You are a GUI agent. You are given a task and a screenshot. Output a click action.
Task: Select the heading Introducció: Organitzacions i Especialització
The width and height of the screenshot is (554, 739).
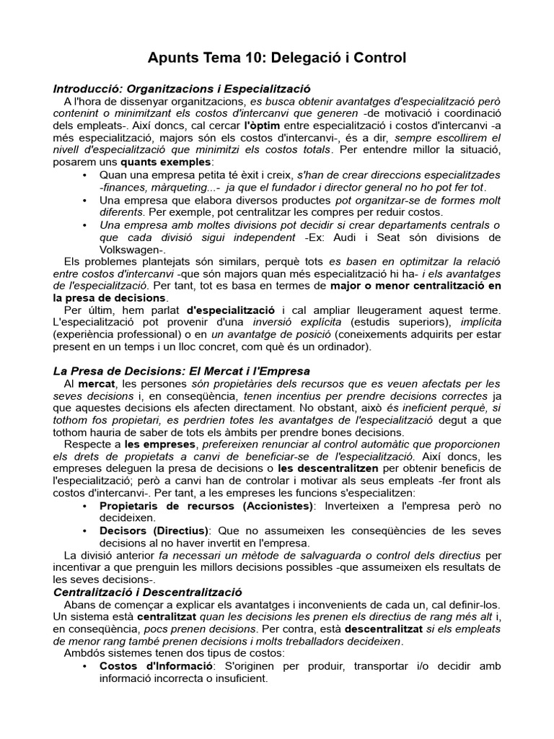[x=182, y=88]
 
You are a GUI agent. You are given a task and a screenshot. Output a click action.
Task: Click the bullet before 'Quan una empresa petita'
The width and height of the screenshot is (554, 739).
[x=86, y=175]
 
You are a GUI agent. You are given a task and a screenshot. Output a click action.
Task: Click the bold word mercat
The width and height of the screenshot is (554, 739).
[x=97, y=383]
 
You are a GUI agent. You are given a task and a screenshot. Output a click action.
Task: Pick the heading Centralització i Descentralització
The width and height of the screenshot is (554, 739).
[x=148, y=592]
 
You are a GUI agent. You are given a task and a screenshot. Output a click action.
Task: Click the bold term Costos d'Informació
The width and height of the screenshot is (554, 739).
[x=150, y=667]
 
